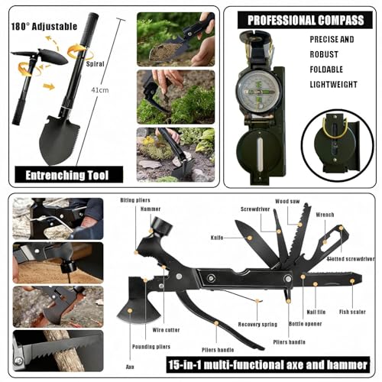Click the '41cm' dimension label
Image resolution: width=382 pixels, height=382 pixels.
[100, 90]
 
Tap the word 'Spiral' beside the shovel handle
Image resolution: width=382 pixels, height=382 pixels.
[95, 63]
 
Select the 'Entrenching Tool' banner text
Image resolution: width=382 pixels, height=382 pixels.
[67, 175]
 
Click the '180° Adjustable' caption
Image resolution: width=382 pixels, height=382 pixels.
[44, 27]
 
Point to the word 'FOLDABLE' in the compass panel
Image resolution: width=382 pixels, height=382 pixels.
[326, 70]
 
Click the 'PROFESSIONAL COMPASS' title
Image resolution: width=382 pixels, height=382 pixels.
[306, 21]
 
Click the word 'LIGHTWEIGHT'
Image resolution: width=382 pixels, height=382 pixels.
[333, 84]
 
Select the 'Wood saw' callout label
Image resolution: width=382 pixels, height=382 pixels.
[287, 202]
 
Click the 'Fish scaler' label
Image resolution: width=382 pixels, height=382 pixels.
[352, 312]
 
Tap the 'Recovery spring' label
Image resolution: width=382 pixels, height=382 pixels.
[257, 324]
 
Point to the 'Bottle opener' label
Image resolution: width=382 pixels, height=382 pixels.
[305, 324]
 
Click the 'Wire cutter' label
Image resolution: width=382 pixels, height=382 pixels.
[166, 330]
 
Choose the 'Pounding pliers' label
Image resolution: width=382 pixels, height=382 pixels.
[151, 347]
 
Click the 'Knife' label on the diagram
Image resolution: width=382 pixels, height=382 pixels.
[217, 238]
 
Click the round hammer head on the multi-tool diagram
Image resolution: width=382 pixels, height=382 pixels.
[162, 226]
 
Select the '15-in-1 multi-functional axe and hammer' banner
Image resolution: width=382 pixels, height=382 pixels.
[268, 364]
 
